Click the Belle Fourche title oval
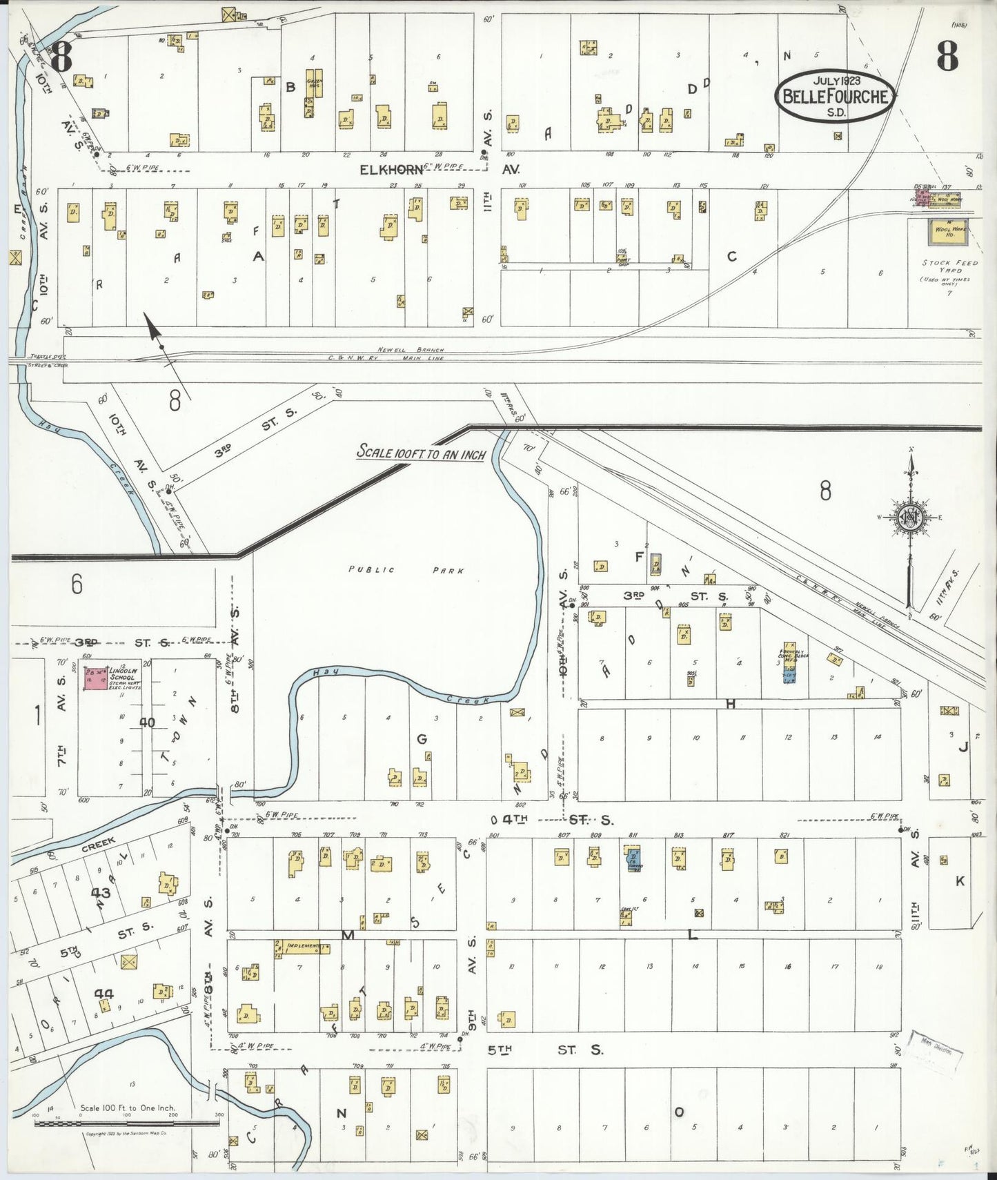click(836, 96)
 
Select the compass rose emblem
click(911, 518)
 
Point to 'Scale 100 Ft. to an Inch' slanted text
click(420, 453)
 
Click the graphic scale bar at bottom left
click(127, 1123)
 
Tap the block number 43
click(101, 893)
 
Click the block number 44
click(103, 994)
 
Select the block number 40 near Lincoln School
click(147, 722)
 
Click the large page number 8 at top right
click(947, 57)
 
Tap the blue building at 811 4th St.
click(632, 860)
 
